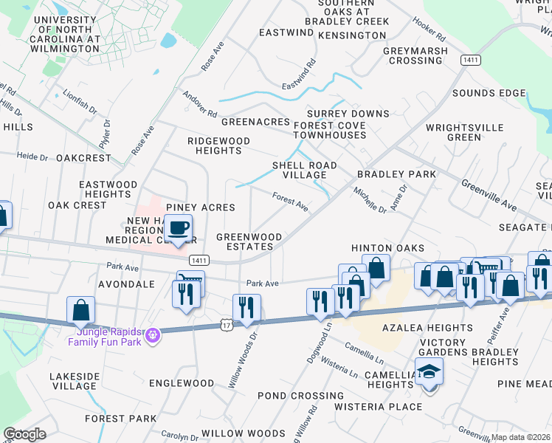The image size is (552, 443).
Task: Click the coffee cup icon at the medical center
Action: [179, 227]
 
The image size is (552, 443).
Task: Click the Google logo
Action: [24, 434]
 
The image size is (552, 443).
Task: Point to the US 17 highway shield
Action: [226, 324]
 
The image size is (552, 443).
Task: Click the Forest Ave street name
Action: [290, 200]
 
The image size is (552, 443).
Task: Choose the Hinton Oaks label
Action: [387, 248]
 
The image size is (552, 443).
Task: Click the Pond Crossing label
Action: [300, 396]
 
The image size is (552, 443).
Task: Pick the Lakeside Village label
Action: [74, 381]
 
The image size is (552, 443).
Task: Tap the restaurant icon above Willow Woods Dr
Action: [246, 307]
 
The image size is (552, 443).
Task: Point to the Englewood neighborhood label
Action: [181, 383]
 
